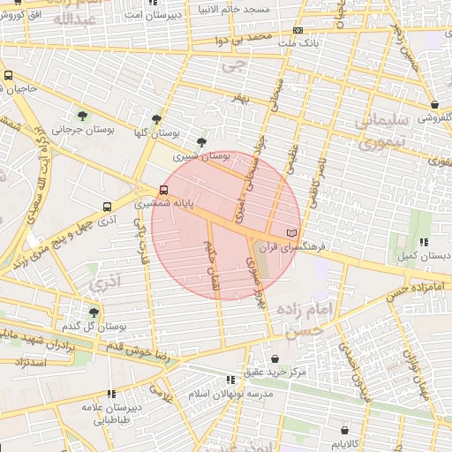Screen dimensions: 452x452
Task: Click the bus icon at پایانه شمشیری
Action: click(163, 190)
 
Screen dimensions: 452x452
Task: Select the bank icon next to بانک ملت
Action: click(297, 31)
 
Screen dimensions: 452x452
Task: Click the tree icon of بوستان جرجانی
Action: click(82, 116)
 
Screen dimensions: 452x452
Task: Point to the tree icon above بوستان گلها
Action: click(157, 119)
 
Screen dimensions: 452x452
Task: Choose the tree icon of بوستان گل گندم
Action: click(94, 313)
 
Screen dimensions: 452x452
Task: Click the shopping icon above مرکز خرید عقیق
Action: click(277, 359)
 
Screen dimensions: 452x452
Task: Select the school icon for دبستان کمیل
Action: click(424, 242)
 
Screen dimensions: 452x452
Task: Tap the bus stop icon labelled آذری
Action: click(107, 207)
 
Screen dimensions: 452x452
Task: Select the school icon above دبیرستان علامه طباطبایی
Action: click(110, 395)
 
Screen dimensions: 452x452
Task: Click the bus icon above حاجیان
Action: click(8, 76)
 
